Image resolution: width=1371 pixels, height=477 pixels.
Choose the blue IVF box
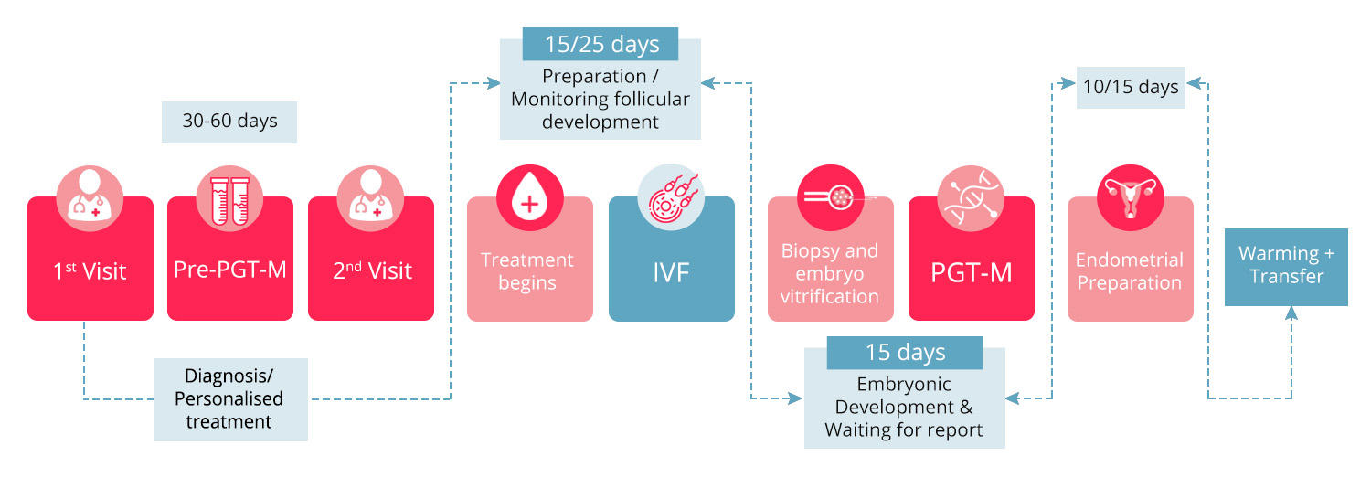[x=671, y=270]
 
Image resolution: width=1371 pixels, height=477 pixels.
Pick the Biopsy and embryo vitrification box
[x=830, y=272]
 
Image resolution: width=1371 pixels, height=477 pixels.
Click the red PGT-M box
[x=971, y=270]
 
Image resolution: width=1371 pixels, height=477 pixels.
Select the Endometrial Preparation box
[x=1130, y=270]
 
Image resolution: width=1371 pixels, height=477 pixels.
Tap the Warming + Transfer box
[x=1286, y=266]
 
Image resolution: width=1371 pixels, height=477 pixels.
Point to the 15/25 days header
[x=600, y=44]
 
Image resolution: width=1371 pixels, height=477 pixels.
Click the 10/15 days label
[x=1130, y=88]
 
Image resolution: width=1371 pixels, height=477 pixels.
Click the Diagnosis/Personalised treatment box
[x=229, y=399]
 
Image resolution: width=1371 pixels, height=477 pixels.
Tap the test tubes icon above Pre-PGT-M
[x=230, y=197]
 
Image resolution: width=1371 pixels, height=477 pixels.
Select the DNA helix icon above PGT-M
[x=971, y=198]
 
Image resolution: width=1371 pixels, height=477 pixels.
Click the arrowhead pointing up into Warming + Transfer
[x=1291, y=313]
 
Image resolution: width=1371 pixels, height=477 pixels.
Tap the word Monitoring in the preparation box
[x=555, y=99]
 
